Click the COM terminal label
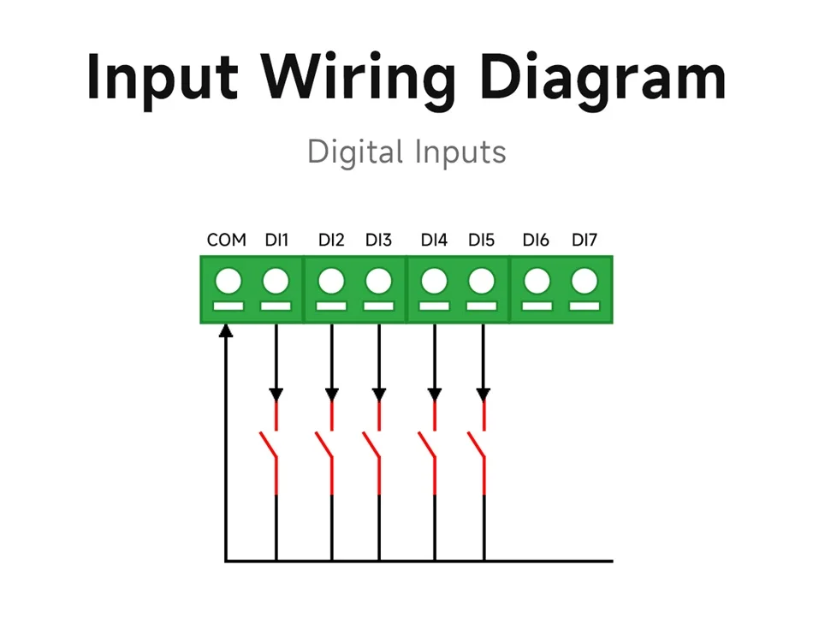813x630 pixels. point(226,240)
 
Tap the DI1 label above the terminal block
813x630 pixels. point(276,240)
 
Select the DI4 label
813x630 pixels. point(434,240)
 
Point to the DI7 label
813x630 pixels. point(585,240)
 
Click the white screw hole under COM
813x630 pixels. point(228,282)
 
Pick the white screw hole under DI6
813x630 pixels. point(537,282)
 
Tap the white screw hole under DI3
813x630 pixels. point(378,282)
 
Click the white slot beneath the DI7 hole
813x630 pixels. point(585,306)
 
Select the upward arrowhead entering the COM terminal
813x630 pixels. point(226,330)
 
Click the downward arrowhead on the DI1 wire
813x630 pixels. point(276,395)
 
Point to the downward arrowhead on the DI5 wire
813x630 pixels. point(484,395)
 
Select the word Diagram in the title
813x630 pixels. point(602,78)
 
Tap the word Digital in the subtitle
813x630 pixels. point(355,152)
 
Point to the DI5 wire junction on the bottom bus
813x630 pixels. point(484,561)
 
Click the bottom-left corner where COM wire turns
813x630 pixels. point(226,561)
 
